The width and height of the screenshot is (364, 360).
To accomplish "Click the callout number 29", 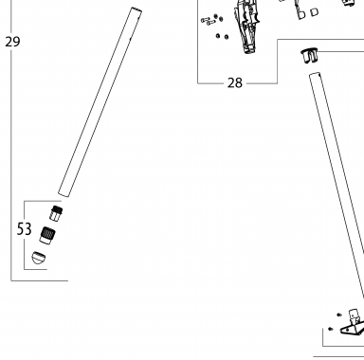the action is pyautogui.click(x=12, y=42).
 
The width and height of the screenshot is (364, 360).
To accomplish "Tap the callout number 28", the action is pyautogui.click(x=235, y=83).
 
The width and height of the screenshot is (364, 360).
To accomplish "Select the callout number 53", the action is pyautogui.click(x=24, y=229).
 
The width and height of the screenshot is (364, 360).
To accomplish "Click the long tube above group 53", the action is pyautogui.click(x=100, y=101).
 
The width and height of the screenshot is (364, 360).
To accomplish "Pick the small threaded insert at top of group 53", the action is pyautogui.click(x=56, y=213).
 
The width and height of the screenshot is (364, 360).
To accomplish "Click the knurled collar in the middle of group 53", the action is pyautogui.click(x=47, y=235).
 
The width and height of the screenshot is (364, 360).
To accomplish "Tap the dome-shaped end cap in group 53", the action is pyautogui.click(x=38, y=258).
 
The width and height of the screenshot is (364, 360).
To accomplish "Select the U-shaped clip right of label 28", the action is pyautogui.click(x=310, y=56).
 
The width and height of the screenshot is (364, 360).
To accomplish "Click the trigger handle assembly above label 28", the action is pyautogui.click(x=247, y=26).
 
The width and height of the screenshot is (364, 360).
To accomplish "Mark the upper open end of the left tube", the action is pyautogui.click(x=136, y=9).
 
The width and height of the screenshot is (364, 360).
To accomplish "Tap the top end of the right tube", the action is pyautogui.click(x=315, y=74).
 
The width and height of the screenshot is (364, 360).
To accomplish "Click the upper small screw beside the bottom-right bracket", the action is pyautogui.click(x=339, y=315).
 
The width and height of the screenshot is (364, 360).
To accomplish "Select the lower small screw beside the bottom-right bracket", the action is pyautogui.click(x=331, y=329).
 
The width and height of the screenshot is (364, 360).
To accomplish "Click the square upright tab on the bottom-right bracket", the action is pyautogui.click(x=354, y=315).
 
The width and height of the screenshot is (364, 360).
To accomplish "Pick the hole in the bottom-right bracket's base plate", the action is pyautogui.click(x=348, y=330).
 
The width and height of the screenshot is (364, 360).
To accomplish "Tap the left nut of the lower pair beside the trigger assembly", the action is pyautogui.click(x=218, y=36).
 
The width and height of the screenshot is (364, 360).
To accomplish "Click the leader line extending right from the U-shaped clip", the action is pyautogui.click(x=341, y=50).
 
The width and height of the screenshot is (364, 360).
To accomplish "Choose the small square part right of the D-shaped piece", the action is pyautogui.click(x=314, y=12).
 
